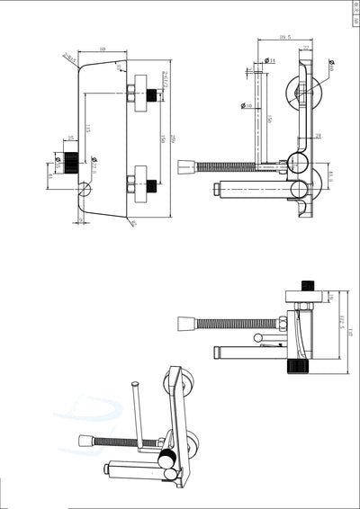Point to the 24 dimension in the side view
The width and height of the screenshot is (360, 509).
click(318, 136)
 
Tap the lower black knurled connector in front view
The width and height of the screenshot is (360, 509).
click(152, 186)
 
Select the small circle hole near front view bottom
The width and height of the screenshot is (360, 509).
click(85, 190)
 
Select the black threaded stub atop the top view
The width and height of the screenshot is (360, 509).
click(308, 287)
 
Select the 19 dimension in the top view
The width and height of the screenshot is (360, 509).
click(330, 298)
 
